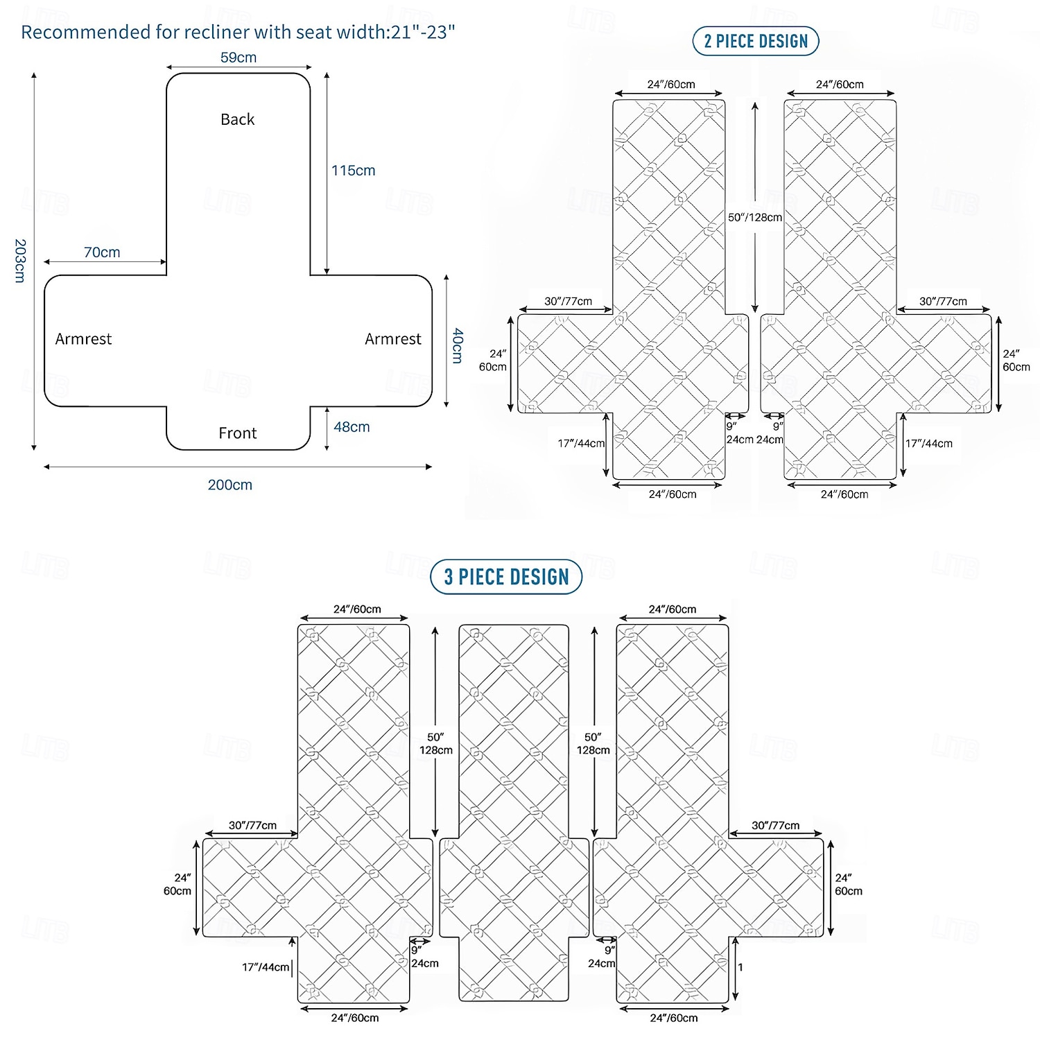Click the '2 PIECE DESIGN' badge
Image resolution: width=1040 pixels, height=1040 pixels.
(756, 41)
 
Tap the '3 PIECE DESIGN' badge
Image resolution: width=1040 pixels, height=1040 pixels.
(506, 577)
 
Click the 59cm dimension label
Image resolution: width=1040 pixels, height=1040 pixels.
(239, 58)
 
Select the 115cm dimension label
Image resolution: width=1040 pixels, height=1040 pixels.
(353, 171)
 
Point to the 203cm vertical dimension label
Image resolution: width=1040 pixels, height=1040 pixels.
(20, 261)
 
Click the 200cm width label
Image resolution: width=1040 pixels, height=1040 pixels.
(230, 485)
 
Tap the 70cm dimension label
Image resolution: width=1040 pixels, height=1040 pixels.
(102, 252)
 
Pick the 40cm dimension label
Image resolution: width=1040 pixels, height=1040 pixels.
(458, 345)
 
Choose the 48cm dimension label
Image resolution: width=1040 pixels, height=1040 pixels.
(352, 427)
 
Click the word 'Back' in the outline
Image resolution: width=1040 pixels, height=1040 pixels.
(238, 119)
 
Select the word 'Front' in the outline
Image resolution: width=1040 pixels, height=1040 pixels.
(238, 433)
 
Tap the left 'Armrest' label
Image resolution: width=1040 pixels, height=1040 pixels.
(83, 339)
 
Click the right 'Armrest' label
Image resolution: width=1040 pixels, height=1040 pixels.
(393, 339)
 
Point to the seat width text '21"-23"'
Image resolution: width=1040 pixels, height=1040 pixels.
(424, 32)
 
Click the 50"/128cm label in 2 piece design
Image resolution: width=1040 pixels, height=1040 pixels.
(755, 217)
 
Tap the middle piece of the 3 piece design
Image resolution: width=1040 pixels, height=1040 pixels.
(514, 813)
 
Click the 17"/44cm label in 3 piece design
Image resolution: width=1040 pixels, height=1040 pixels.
(266, 967)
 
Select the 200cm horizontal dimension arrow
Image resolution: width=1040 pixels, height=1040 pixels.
(238, 467)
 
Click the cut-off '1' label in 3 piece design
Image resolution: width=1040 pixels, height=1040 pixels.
(740, 967)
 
